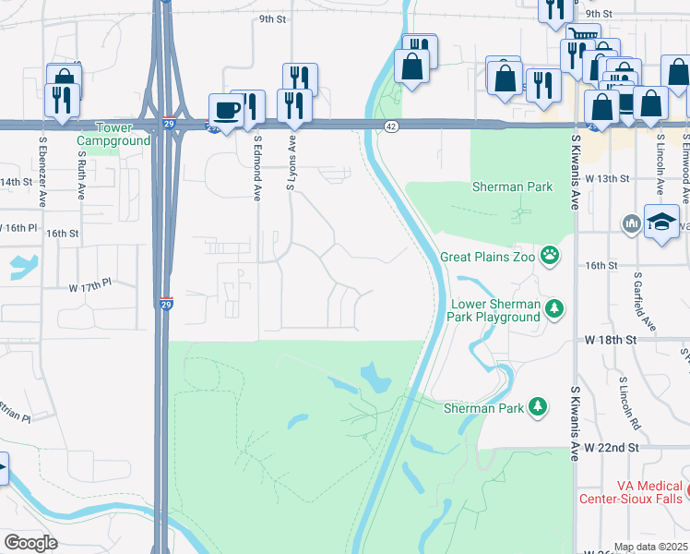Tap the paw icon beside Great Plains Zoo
point(551,254)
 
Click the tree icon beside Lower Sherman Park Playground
point(553,307)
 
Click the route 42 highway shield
point(391,126)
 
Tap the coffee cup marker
point(226,111)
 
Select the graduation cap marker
point(661,223)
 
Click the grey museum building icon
point(632,223)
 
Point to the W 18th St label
point(611,340)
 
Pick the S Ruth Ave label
point(81,172)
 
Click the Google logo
point(30,542)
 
